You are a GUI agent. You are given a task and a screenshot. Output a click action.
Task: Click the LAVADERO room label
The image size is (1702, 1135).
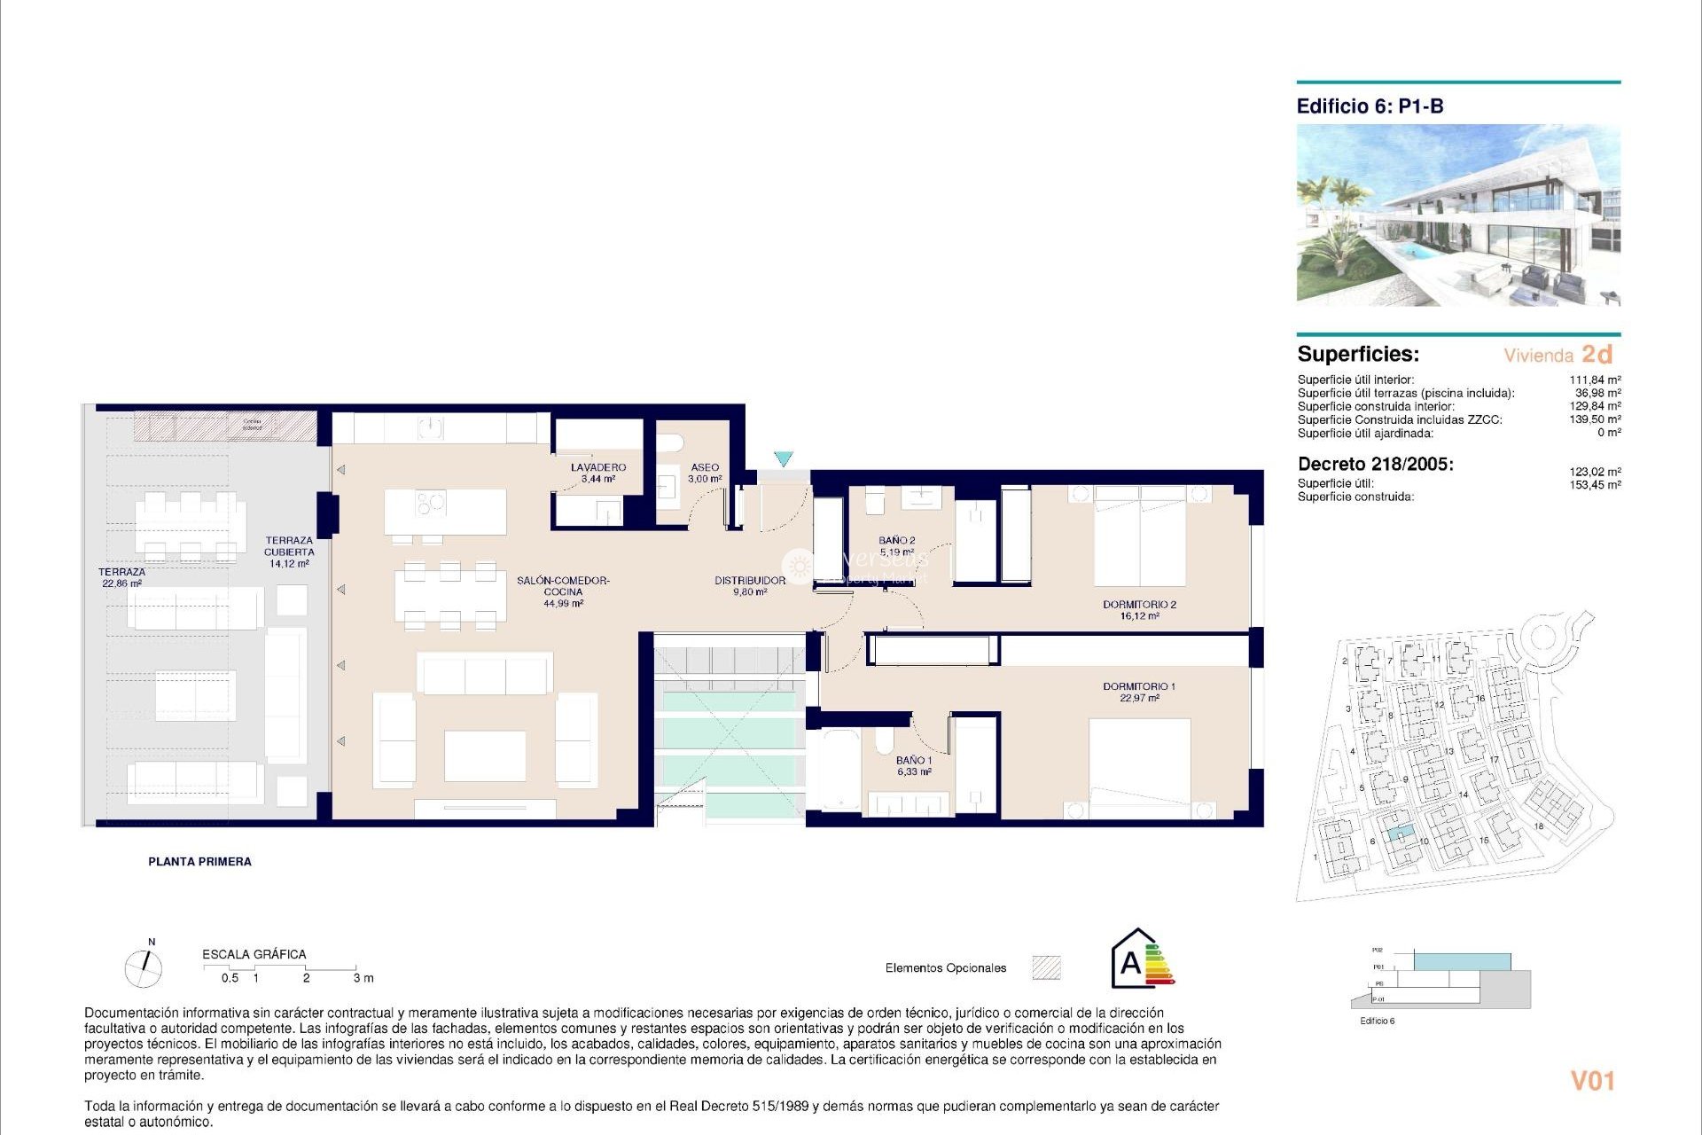[x=598, y=467]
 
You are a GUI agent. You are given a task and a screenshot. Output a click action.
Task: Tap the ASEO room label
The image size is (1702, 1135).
[x=705, y=467]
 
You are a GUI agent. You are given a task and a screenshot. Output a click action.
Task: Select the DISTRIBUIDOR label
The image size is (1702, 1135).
[x=750, y=581]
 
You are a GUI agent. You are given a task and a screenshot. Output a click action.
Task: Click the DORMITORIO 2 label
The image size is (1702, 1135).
[x=1139, y=605]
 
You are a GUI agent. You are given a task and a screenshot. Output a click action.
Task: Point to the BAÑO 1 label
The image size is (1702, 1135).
[x=913, y=761]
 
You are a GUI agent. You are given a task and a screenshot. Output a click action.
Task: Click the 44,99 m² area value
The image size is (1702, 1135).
[x=563, y=604]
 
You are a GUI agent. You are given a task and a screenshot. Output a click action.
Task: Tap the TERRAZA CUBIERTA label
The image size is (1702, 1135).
[x=289, y=545]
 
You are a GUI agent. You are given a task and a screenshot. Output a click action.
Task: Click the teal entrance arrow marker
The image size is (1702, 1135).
[x=783, y=458]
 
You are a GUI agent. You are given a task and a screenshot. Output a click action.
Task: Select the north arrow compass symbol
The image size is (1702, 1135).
[x=144, y=967]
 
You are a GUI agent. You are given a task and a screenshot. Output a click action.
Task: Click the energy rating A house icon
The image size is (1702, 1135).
[x=1141, y=959]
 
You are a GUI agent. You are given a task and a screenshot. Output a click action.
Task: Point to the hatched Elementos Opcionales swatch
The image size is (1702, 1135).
[x=1046, y=967]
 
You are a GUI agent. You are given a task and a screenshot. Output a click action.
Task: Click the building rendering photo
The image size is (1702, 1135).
[x=1458, y=215]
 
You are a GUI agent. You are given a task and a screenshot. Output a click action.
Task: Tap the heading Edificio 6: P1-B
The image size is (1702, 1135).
[x=1370, y=106]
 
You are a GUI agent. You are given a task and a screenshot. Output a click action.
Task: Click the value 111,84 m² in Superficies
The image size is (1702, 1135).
[x=1595, y=380]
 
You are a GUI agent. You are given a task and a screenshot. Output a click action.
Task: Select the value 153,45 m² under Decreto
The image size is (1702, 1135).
[x=1595, y=485]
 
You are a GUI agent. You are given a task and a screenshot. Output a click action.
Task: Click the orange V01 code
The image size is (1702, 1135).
[x=1592, y=1081]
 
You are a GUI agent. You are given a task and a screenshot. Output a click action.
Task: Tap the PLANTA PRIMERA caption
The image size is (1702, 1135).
[x=199, y=862]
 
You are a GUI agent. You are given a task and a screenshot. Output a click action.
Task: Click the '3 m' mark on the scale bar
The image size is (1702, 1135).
[x=363, y=978]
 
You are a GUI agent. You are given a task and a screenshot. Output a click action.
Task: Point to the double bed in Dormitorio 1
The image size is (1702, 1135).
[x=1139, y=767]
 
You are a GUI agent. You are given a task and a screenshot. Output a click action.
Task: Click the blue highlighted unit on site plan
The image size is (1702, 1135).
[x=1400, y=834]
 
